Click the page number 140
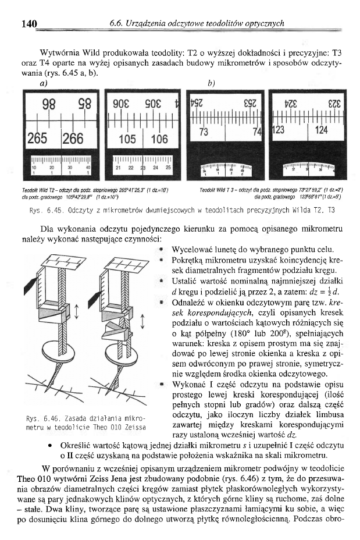point(29,24)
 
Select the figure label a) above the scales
point(44,83)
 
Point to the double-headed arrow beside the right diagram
point(144,319)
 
